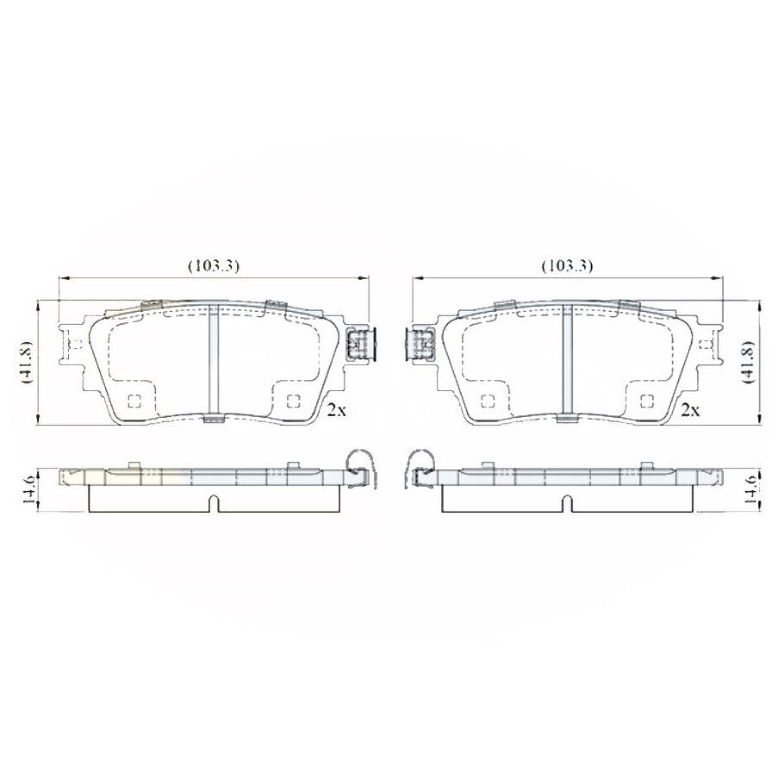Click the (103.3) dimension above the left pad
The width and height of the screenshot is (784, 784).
click(213, 266)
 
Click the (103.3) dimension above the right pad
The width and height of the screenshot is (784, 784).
click(567, 266)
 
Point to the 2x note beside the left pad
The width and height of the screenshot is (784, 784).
click(336, 410)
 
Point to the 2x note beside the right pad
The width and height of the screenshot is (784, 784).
click(689, 410)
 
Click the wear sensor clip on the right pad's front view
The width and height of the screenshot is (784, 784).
click(420, 345)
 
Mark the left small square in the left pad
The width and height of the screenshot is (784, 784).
click(134, 401)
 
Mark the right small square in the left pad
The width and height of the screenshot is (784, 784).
click(292, 401)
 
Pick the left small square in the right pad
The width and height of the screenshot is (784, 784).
click(488, 401)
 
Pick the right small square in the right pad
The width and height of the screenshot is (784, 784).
click(646, 401)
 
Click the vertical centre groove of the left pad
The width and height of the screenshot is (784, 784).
click(213, 362)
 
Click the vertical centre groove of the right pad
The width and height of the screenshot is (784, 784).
click(567, 362)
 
